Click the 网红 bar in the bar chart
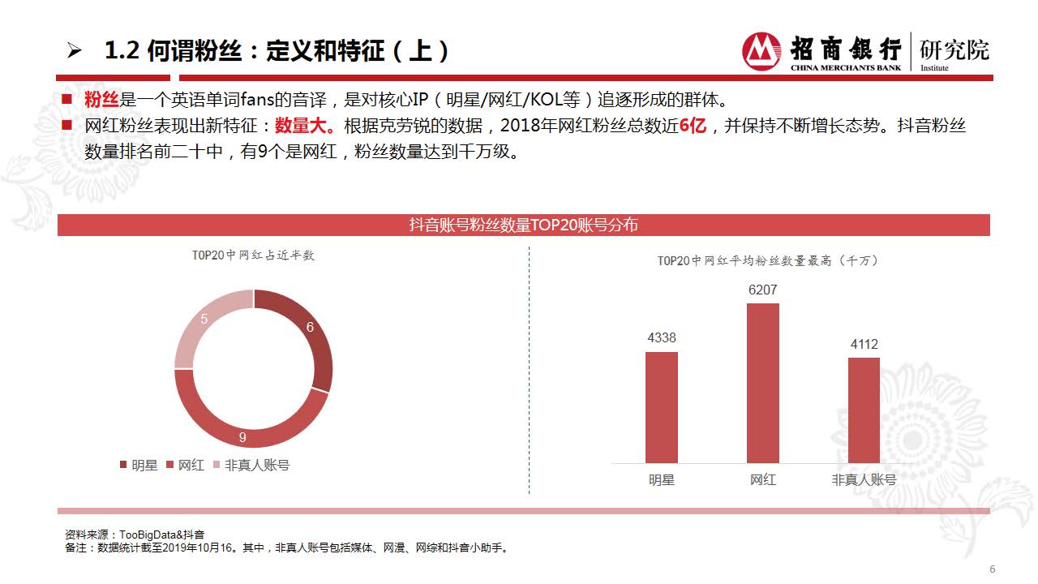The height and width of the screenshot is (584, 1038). pos(762,383)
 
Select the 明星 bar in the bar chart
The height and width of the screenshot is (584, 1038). pos(661,407)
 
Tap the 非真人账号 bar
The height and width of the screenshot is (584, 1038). pos(864,410)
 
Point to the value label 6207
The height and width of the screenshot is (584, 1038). pos(762,290)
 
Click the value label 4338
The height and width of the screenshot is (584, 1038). pos(661,338)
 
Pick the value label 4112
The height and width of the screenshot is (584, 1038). pos(864,344)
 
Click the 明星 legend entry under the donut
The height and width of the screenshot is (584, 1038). pos(139,466)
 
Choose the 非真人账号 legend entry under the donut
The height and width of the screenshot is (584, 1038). pos(251,466)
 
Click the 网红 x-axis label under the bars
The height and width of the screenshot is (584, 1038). pos(762,479)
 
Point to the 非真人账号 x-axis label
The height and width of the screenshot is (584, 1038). pos(864,479)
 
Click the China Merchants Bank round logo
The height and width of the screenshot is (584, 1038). pos(761,51)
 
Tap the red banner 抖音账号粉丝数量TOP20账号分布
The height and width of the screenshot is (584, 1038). pos(523,225)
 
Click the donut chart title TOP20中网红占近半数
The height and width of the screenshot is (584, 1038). pos(253,255)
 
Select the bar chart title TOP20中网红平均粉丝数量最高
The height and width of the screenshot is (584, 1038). pos(767,261)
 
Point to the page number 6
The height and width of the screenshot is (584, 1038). pos(992,569)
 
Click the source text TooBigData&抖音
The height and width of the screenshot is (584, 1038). pos(161,535)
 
